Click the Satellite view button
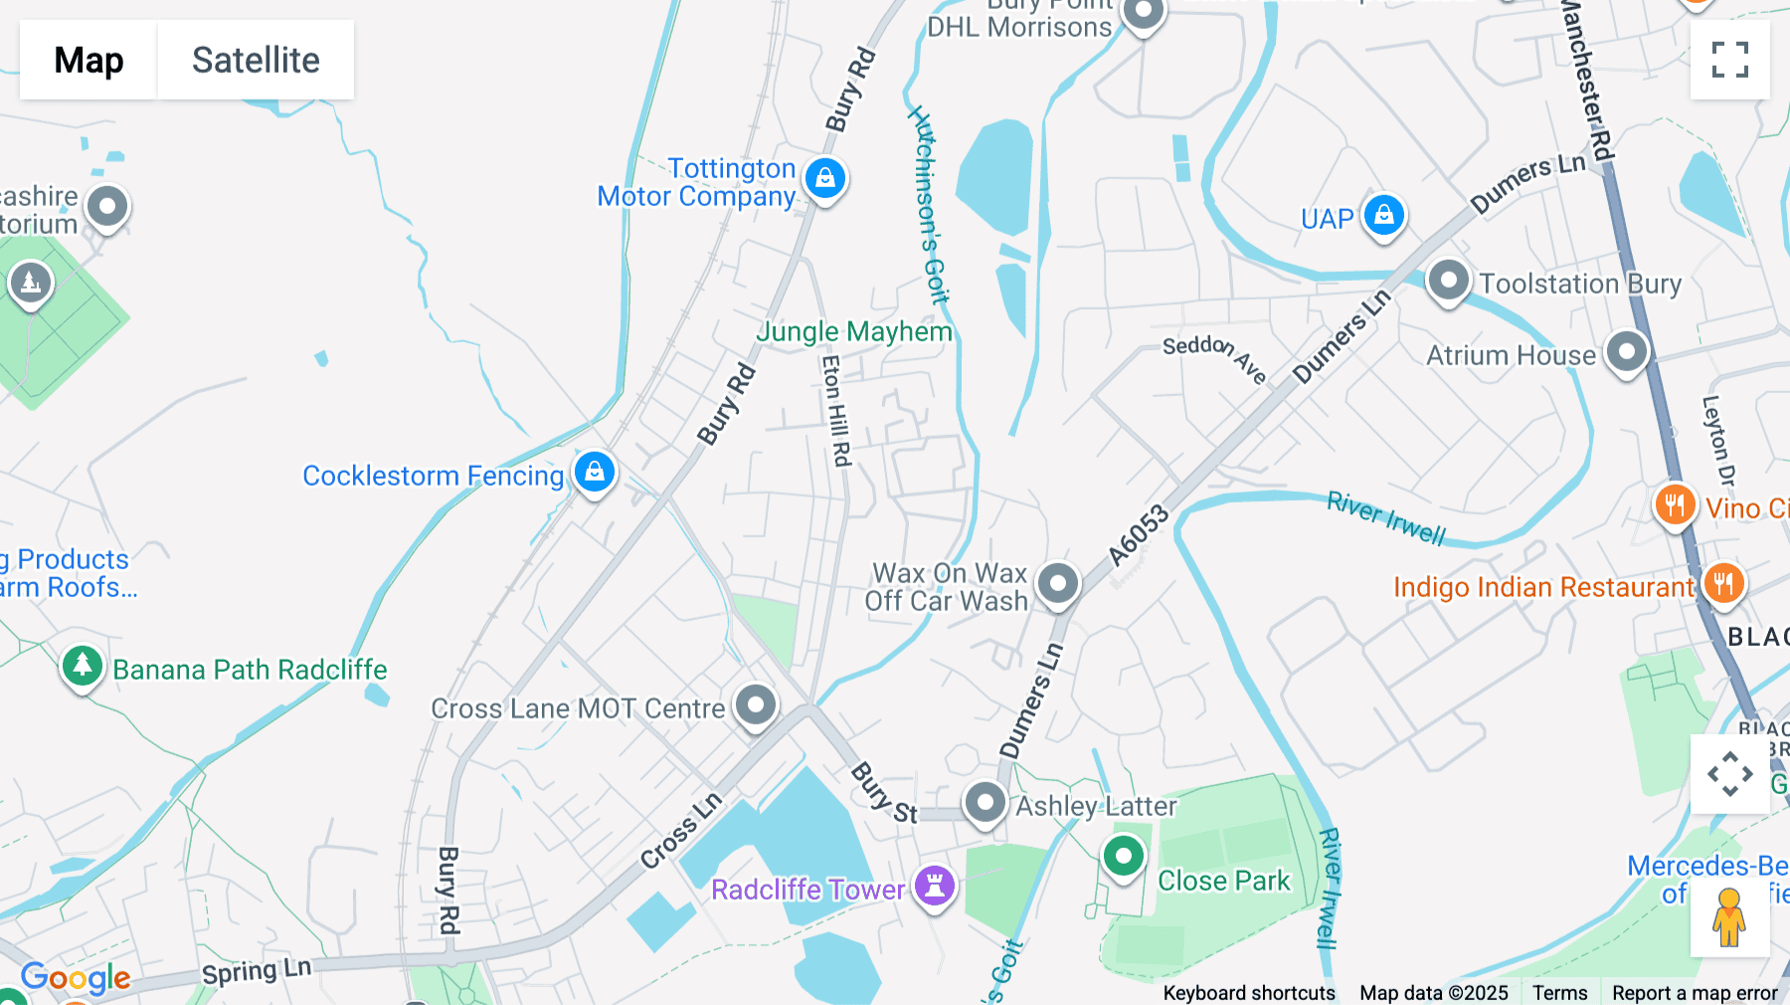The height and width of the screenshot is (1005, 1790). pos(256,60)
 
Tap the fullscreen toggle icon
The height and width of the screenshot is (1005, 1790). pos(1729,60)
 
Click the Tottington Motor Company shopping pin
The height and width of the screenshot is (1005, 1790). pos(825,179)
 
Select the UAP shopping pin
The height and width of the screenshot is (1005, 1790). pos(1383,215)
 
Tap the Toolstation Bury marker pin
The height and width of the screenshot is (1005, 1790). pos(1448,281)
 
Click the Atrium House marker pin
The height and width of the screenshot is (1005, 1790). pos(1627,352)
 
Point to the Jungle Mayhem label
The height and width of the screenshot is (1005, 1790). pos(854,331)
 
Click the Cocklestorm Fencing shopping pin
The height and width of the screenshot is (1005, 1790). pos(595,472)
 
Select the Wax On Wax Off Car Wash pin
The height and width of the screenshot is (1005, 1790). pos(1057,583)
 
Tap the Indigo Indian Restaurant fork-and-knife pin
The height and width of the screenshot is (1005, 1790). pos(1723,583)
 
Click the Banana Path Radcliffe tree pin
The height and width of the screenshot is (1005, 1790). pos(83,665)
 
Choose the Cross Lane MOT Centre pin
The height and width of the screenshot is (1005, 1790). pos(756,705)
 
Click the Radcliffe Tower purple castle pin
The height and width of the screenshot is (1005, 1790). pos(935,884)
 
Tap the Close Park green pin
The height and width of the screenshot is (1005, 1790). pos(1124,856)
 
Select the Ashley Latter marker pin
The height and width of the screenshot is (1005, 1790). pos(985,802)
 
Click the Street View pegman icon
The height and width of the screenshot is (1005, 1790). pos(1729,916)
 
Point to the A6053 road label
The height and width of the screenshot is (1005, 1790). pos(1139,535)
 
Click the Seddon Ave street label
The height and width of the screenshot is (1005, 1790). pos(1214,356)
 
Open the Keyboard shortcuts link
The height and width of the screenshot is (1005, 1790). pos(1249,993)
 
